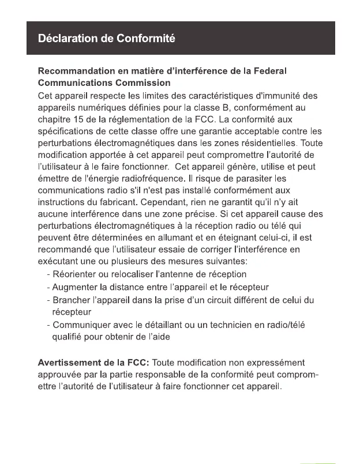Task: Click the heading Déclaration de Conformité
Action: click(x=107, y=39)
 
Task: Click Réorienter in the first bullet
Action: click(x=76, y=274)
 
